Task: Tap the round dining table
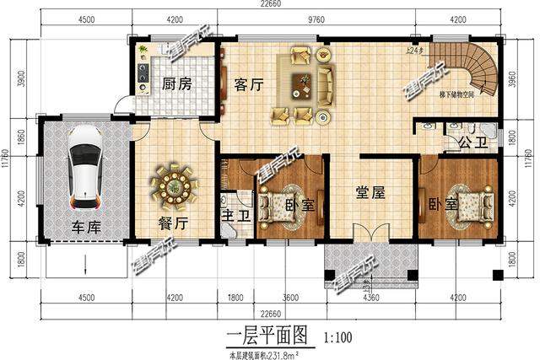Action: point(175,186)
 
